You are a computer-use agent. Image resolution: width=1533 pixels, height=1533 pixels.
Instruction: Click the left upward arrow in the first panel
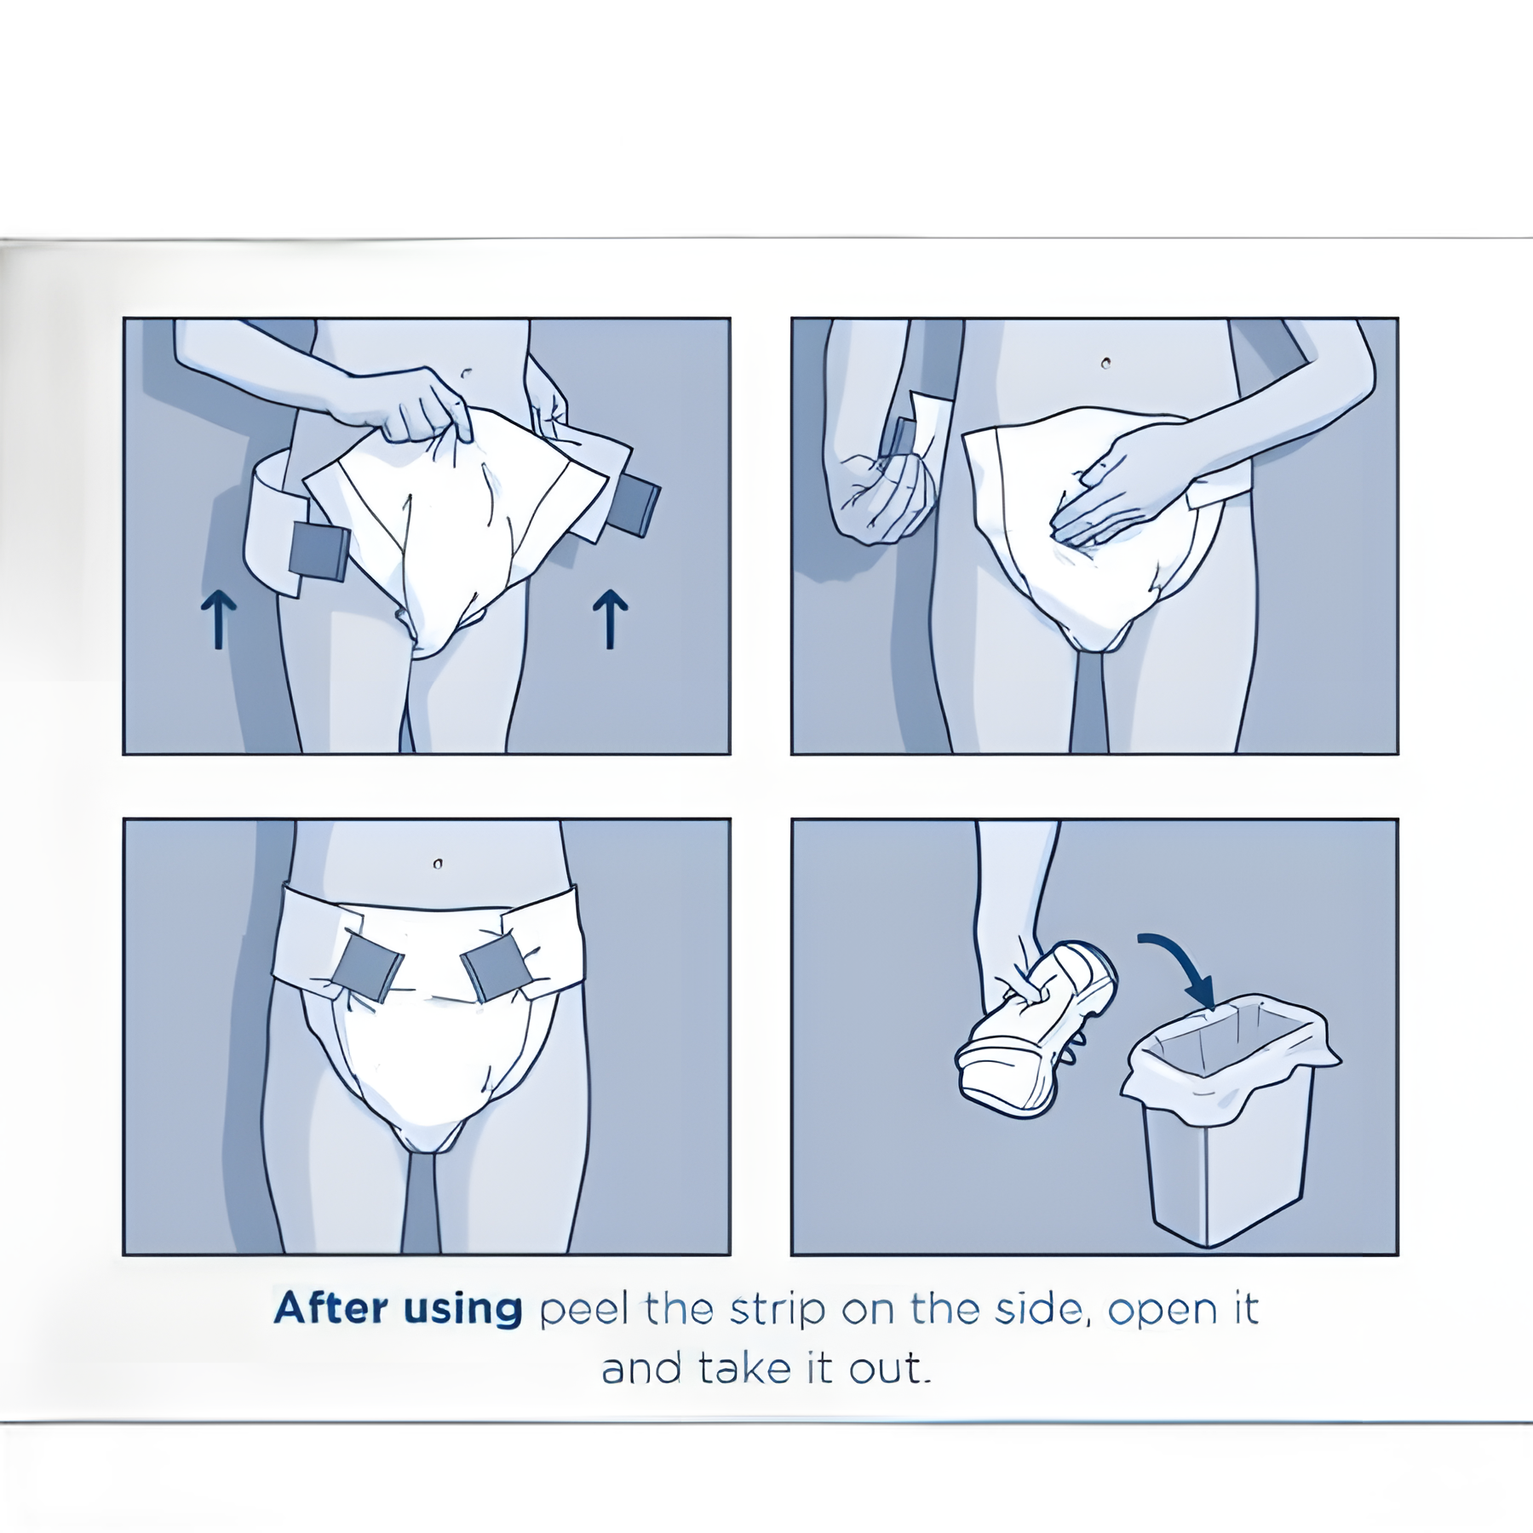tap(219, 620)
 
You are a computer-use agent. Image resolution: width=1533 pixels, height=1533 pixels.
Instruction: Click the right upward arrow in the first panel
tap(610, 620)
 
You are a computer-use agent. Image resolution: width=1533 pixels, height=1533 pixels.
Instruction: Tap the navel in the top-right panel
tap(1105, 364)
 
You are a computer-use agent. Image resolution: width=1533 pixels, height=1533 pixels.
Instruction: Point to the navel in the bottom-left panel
tap(437, 864)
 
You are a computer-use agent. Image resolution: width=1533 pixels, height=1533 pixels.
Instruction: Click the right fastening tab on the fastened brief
tap(497, 967)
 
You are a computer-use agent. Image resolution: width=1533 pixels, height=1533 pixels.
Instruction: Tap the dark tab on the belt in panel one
tap(319, 551)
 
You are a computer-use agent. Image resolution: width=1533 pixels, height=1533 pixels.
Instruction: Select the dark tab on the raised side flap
tap(634, 506)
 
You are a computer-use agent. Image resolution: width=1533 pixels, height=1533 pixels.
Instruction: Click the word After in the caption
tap(330, 1308)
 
